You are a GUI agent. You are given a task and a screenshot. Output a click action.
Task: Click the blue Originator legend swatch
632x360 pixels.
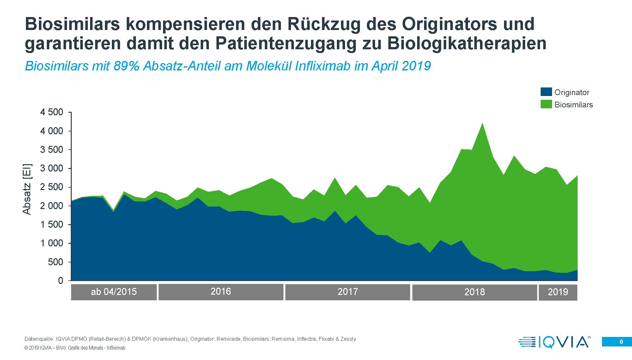coord(546,92)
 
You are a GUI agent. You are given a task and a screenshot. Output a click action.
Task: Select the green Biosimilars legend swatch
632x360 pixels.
coord(546,104)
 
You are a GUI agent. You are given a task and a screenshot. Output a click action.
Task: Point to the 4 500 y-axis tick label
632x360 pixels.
coord(52,112)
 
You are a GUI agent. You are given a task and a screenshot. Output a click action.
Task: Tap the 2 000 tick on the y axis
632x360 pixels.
coord(52,206)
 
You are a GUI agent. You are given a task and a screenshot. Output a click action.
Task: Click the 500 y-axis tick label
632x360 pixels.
coord(56,262)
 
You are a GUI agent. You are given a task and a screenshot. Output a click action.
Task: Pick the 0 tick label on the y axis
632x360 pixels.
coord(61,281)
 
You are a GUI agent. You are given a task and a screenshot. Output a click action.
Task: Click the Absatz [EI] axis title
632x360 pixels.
coord(27,189)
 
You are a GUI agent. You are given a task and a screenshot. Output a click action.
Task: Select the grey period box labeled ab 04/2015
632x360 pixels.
coord(114,292)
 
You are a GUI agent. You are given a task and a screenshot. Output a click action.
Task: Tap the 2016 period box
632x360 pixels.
coord(221,291)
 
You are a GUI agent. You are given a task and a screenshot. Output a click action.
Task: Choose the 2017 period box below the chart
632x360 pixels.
coord(348,292)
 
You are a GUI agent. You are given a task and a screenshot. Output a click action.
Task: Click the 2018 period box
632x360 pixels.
coord(474,292)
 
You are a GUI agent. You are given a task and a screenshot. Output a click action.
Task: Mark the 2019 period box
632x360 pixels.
coord(558,292)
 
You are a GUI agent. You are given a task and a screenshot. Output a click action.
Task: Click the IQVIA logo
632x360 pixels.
coord(554,342)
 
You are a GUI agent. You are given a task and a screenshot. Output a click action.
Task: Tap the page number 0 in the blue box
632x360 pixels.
coord(621,342)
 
